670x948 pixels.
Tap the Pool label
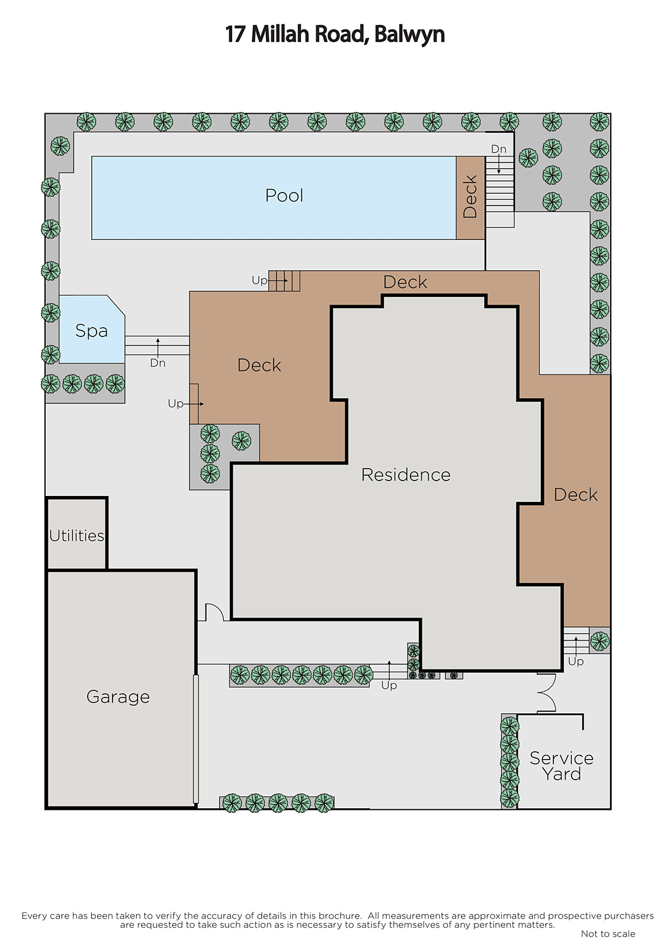[284, 196]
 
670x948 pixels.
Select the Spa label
[91, 331]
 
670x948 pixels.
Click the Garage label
[118, 697]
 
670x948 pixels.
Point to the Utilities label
[76, 536]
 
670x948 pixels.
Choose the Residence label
[406, 475]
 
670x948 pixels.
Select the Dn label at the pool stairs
[499, 149]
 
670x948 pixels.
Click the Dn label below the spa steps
[158, 363]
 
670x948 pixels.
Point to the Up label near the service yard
[576, 661]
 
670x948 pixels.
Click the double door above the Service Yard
[546, 693]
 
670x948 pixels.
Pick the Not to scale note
[608, 934]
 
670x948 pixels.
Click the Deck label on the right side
[576, 495]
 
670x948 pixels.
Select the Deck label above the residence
[405, 282]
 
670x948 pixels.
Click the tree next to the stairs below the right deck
[600, 640]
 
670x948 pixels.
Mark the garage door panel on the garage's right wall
[196, 739]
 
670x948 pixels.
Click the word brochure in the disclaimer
[340, 916]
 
